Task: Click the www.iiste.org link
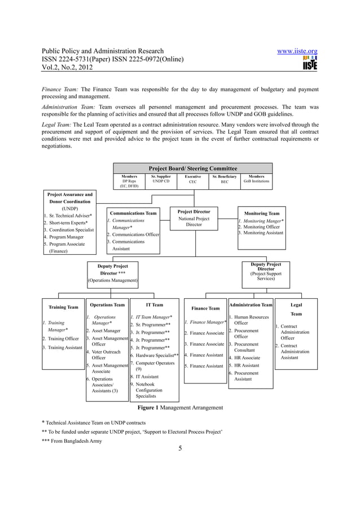(x=297, y=51)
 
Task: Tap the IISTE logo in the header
(x=310, y=63)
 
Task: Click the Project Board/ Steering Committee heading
(x=192, y=168)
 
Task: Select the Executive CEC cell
(x=193, y=180)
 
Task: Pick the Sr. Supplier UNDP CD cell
(x=161, y=180)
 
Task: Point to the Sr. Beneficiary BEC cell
(x=225, y=180)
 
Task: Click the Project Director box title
(x=194, y=212)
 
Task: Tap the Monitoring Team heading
(x=261, y=213)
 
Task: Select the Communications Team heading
(x=133, y=213)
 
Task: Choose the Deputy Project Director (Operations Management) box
(x=113, y=273)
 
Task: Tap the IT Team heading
(x=154, y=304)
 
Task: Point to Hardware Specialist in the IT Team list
(x=156, y=355)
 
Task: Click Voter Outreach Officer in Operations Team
(x=106, y=354)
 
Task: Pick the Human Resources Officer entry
(x=251, y=320)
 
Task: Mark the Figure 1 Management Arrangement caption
(x=180, y=407)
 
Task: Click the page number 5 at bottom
(x=180, y=448)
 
